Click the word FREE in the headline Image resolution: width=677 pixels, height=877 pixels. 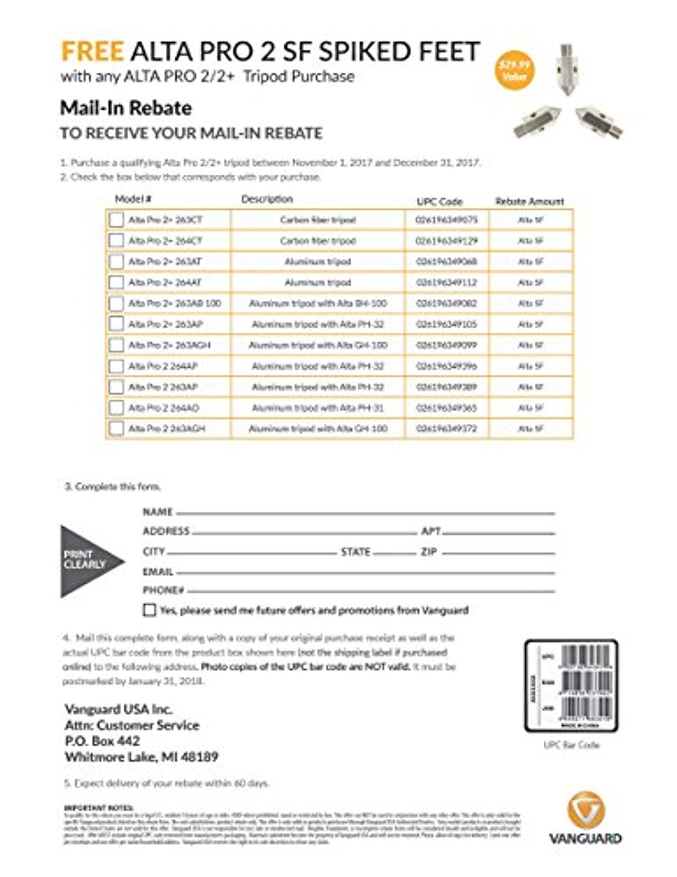pos(92,51)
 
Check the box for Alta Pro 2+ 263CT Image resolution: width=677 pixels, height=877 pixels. pos(117,220)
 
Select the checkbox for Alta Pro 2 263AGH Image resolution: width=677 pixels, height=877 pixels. pos(117,429)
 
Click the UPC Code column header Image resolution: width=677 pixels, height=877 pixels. pos(439,201)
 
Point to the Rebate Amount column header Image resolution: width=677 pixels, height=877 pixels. pos(529,201)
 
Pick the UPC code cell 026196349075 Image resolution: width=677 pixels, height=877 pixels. pos(446,220)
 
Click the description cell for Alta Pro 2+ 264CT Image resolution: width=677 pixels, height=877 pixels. pos(318,241)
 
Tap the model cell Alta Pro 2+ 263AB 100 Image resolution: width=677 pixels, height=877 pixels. pos(175,303)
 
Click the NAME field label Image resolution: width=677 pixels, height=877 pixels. pos(158,512)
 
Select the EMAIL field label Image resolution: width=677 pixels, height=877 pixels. pos(158,572)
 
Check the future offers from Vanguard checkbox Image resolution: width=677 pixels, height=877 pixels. pos(150,610)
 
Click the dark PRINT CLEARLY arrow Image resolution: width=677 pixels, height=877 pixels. pos(88,561)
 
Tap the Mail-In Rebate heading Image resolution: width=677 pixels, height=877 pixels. pos(126,108)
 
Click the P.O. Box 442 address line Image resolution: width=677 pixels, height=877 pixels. pos(102,741)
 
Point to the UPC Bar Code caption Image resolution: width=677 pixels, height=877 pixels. pos(571,745)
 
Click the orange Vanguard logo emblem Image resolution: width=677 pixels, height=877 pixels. pos(584,810)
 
